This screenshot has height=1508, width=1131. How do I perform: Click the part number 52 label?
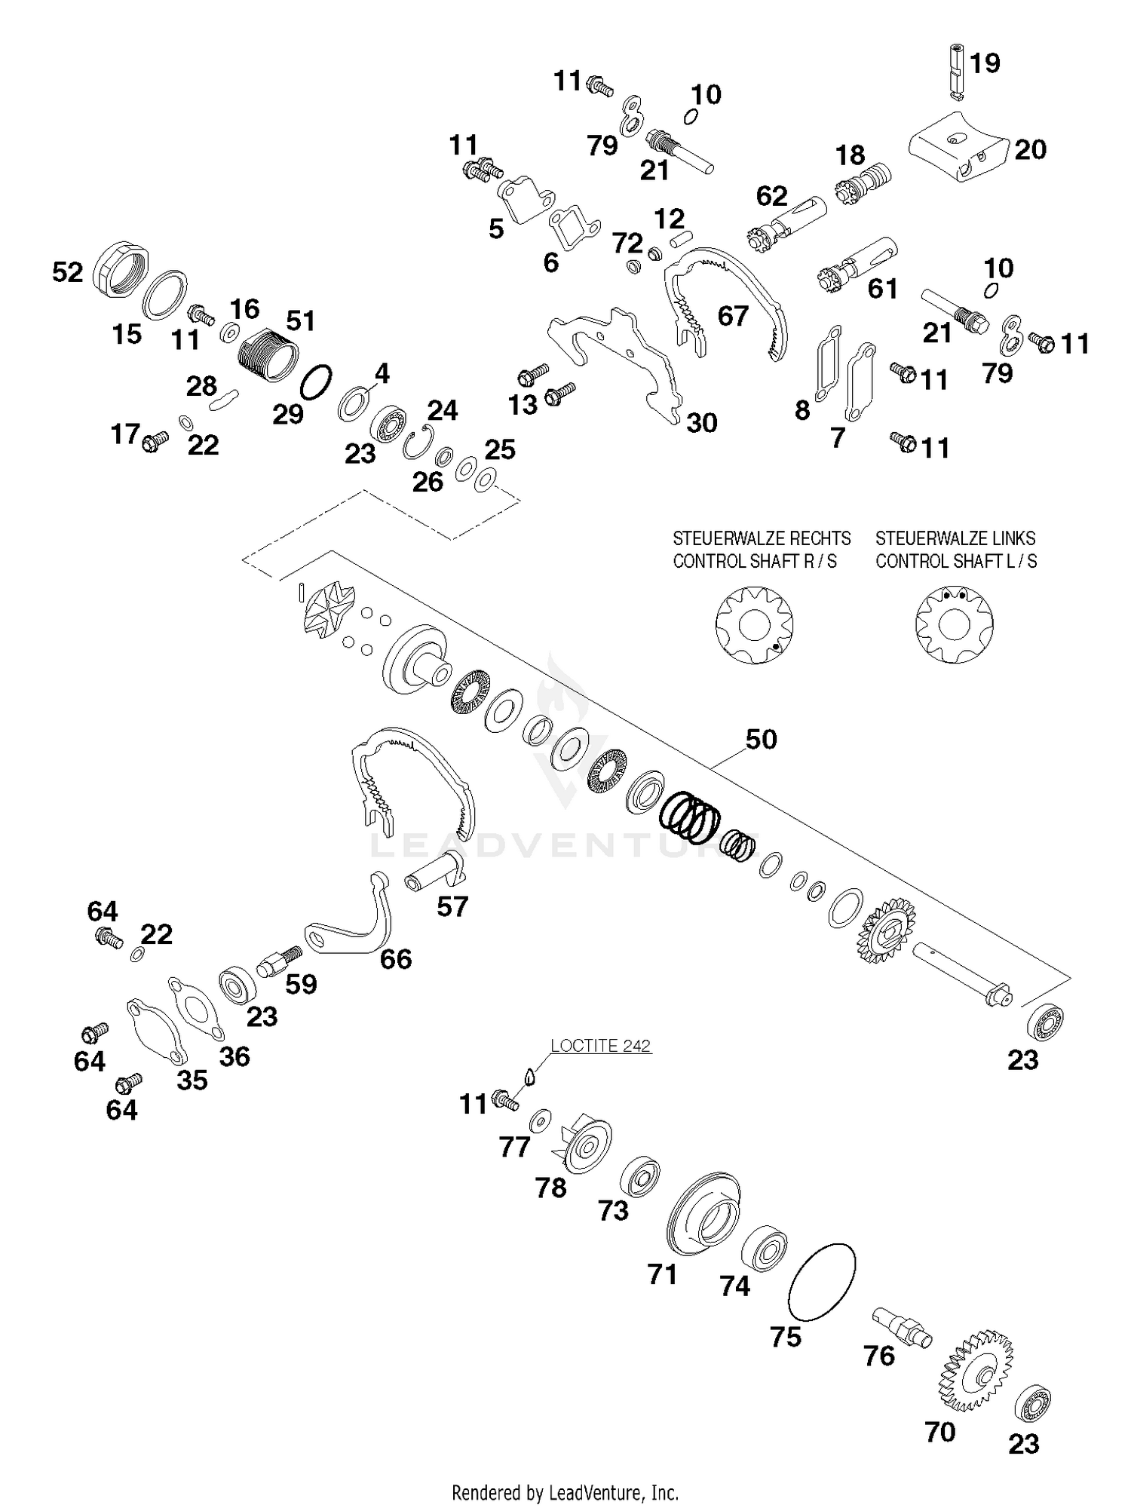pos(67,272)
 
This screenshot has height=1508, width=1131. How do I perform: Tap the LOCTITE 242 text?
pos(600,1046)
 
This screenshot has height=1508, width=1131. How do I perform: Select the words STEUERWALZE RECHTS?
pos(761,538)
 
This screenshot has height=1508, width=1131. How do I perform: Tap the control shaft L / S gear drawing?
pos(954,625)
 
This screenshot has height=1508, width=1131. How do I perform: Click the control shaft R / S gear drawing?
pos(755,625)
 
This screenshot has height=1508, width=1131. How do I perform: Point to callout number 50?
pos(761,739)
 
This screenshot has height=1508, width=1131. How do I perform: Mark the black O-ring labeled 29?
pos(315,382)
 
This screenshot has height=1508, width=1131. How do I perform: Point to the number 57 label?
pos(452,906)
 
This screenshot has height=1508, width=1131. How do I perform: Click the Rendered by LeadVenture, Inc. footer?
pos(565,1492)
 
